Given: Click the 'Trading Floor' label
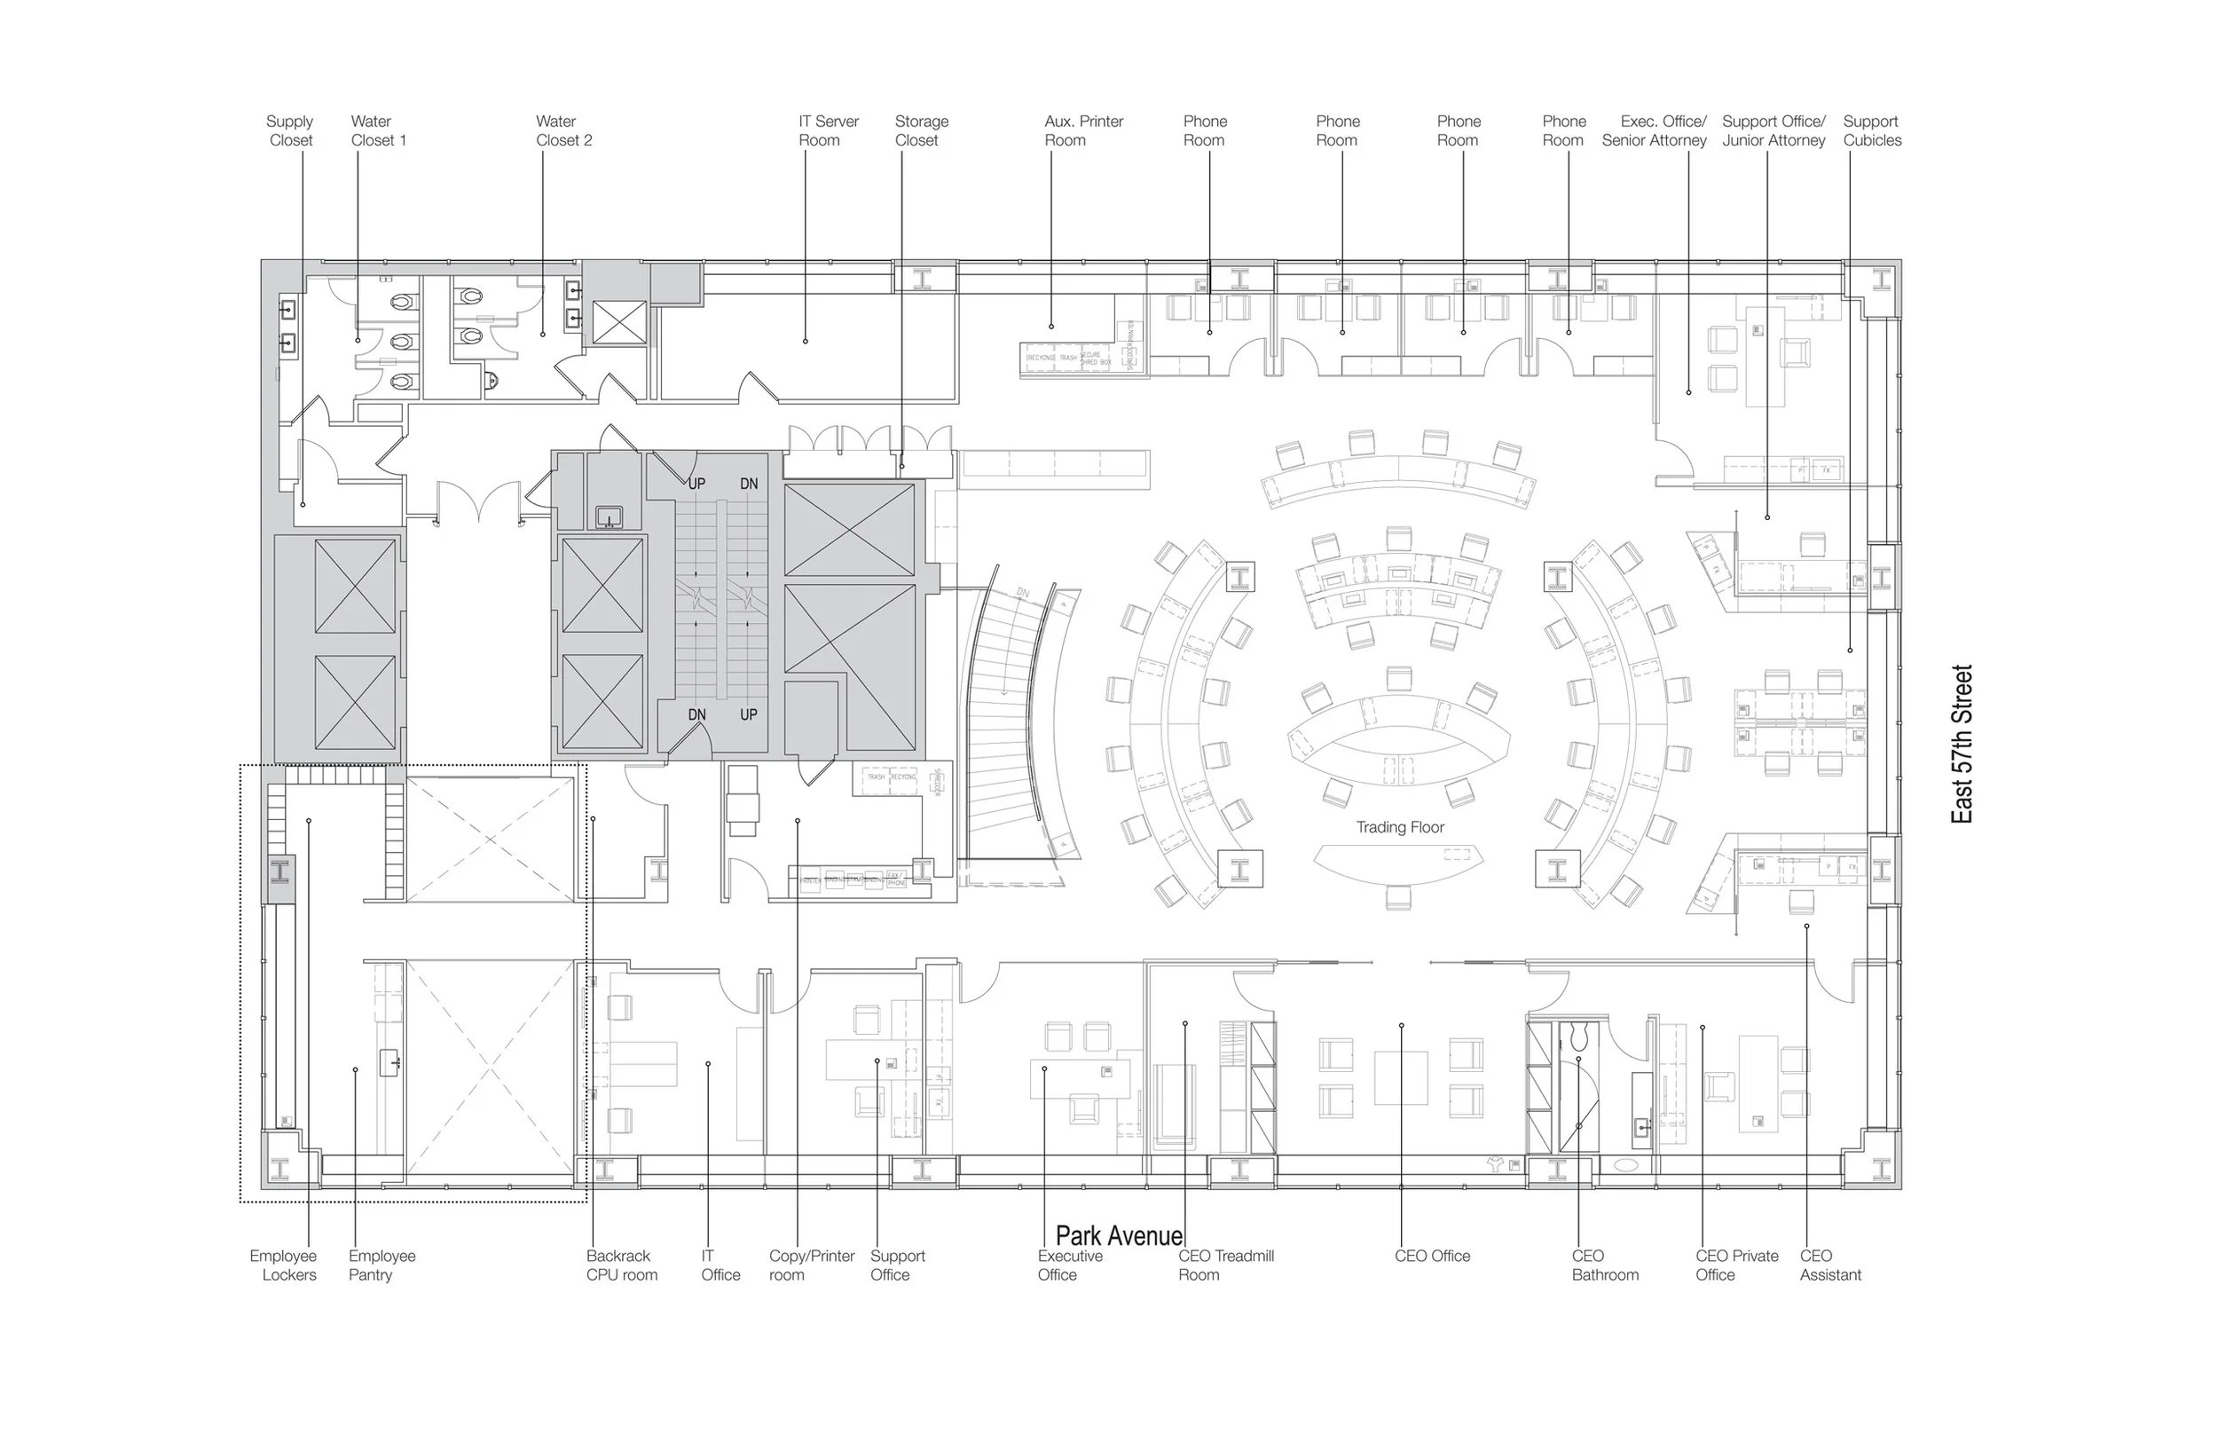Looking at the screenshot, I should (1399, 827).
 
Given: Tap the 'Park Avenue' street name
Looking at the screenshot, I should (1119, 1236).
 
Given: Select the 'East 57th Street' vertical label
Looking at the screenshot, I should (1962, 743).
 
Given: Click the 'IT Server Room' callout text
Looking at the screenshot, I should (828, 130).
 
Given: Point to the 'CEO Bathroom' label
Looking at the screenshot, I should (1604, 1265).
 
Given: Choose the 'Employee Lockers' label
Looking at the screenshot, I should (283, 1265).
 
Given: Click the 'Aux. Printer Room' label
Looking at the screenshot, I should (1083, 130).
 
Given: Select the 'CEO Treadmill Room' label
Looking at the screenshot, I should (1224, 1265).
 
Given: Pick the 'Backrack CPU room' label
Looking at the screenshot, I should (621, 1265).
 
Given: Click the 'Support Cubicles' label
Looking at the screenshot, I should (1871, 130).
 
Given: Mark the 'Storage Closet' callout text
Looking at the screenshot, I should (921, 130).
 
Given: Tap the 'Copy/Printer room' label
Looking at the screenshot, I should (811, 1265).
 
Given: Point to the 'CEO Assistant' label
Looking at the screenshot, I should (1829, 1265).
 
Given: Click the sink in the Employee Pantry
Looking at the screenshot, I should (389, 1062).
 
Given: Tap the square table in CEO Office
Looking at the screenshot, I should (1401, 1077).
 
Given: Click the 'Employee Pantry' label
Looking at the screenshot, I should (381, 1265).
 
